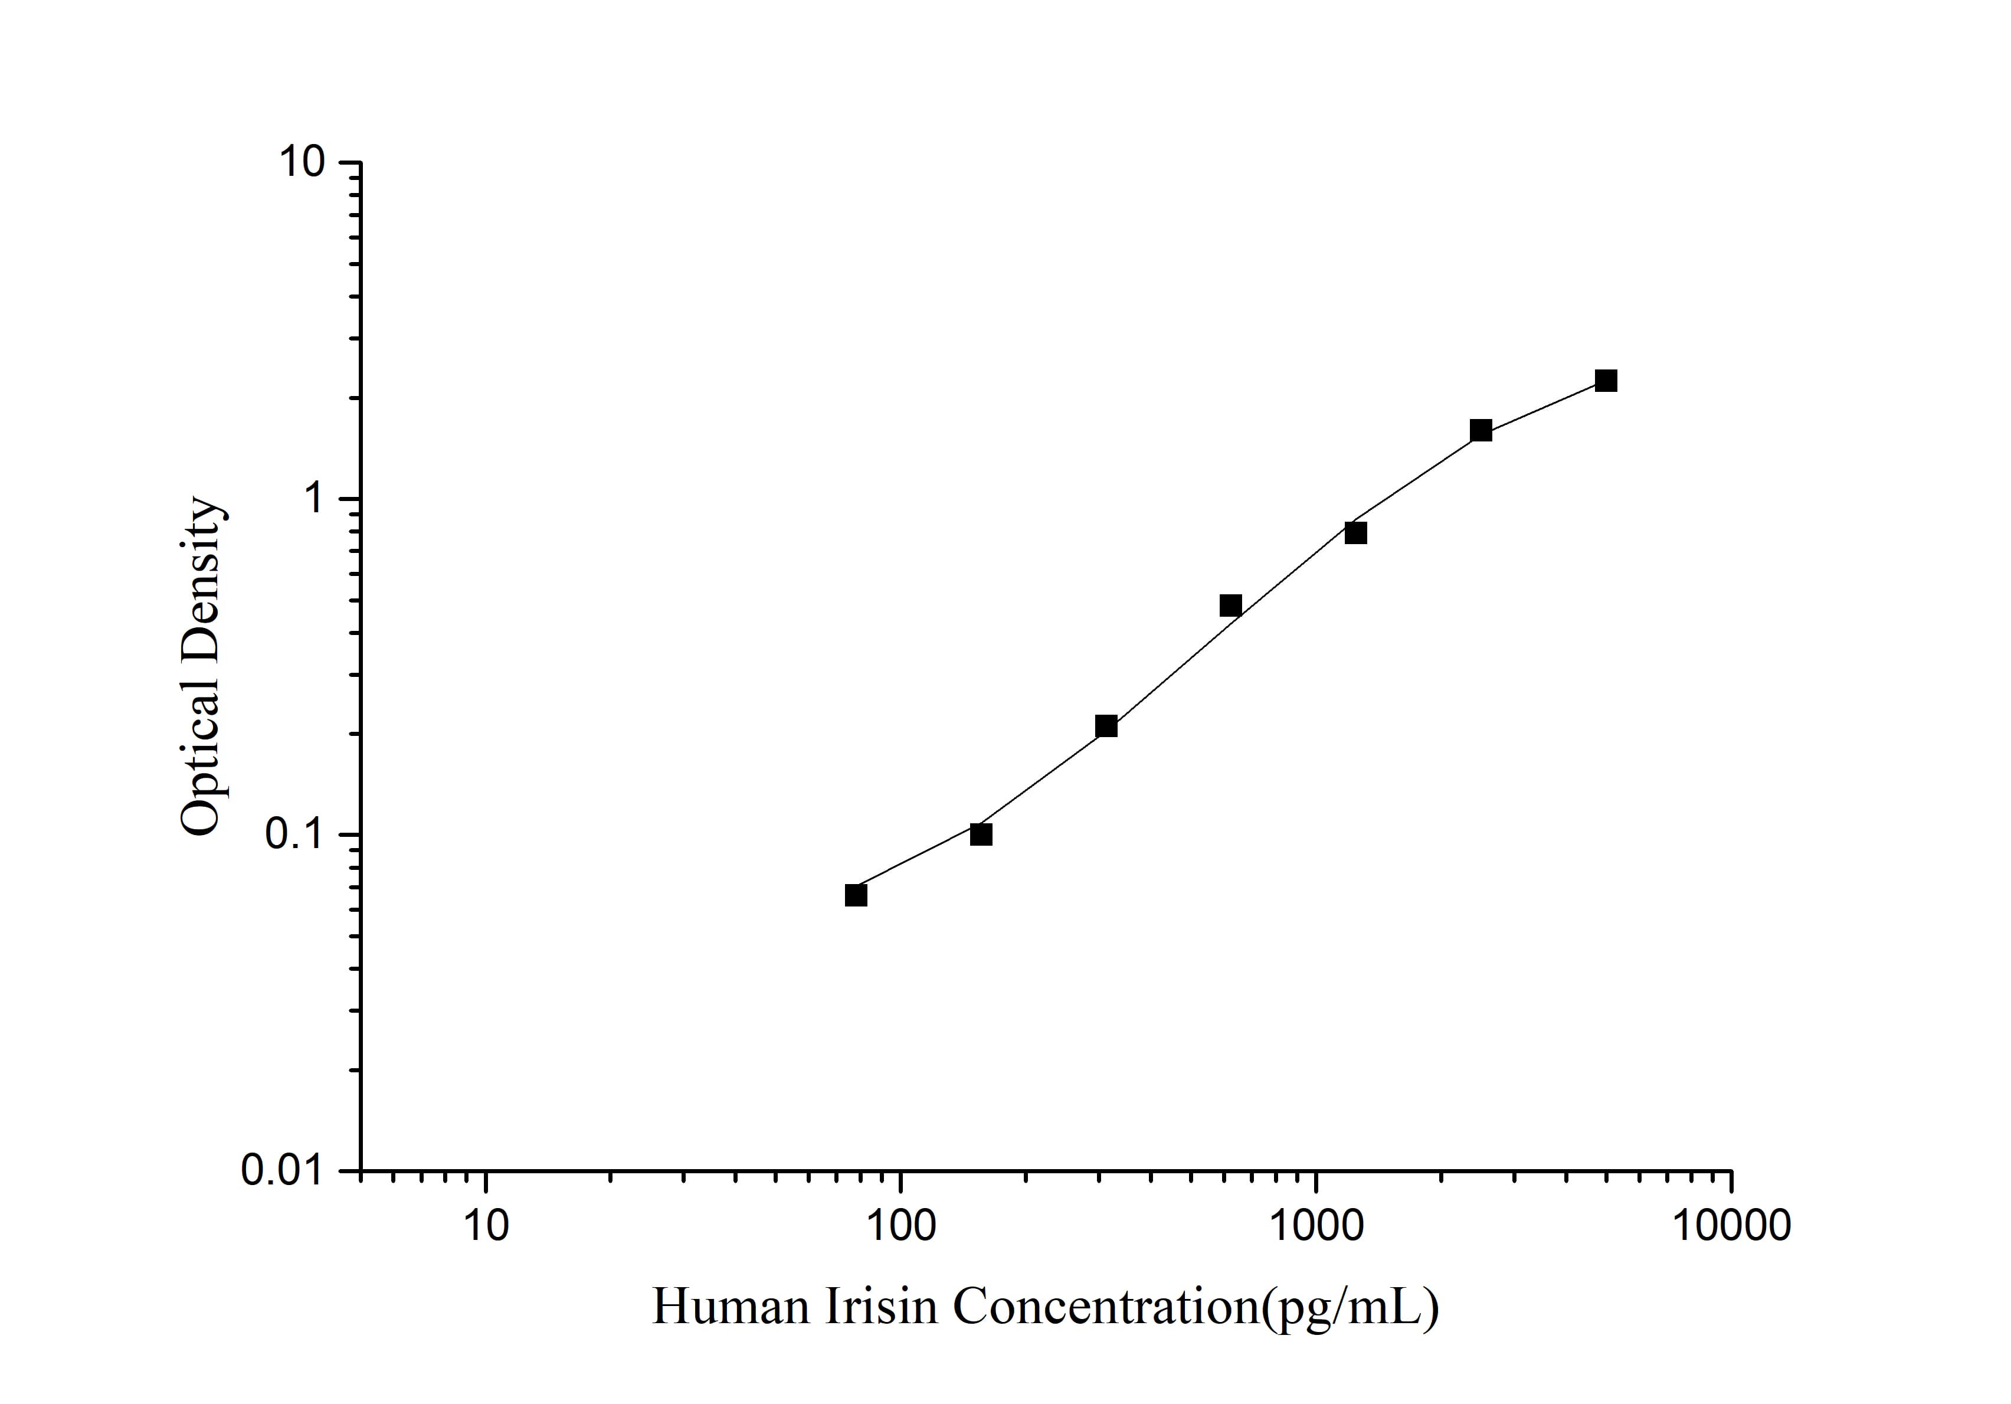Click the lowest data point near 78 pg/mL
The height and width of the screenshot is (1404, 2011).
856,895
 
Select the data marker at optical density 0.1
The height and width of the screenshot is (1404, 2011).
981,834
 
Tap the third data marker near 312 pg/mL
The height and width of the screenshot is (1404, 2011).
1106,726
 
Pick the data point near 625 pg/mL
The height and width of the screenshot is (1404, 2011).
1230,606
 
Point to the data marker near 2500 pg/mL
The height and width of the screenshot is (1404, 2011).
1481,430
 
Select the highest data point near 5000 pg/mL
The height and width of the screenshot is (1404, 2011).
1606,380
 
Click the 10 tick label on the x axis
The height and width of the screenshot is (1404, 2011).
485,1225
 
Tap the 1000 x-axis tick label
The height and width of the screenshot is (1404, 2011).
1315,1225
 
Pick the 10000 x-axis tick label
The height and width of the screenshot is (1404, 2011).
1731,1225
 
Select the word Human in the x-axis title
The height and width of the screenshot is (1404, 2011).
731,1307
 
